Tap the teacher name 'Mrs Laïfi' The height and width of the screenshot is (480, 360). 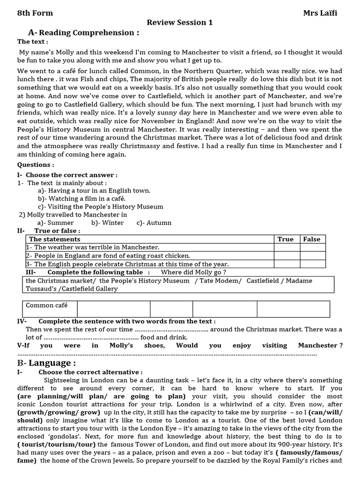pyautogui.click(x=320, y=13)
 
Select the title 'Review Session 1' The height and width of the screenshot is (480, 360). pyautogui.click(x=180, y=22)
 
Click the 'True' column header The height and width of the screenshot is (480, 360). pyautogui.click(x=285, y=239)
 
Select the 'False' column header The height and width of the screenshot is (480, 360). pyautogui.click(x=312, y=239)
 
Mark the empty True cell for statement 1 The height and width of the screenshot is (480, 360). pyautogui.click(x=286, y=247)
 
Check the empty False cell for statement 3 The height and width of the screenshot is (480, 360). pyautogui.click(x=312, y=264)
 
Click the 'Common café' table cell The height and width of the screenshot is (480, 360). pyautogui.click(x=47, y=306)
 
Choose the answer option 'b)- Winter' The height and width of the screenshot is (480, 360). pyautogui.click(x=108, y=223)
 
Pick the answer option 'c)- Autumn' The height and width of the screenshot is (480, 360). pyautogui.click(x=154, y=223)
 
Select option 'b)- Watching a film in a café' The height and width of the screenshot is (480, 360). pyautogui.click(x=82, y=198)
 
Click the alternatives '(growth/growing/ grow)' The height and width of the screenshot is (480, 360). pyautogui.click(x=59, y=412)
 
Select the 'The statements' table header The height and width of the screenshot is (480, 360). pyautogui.click(x=54, y=239)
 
